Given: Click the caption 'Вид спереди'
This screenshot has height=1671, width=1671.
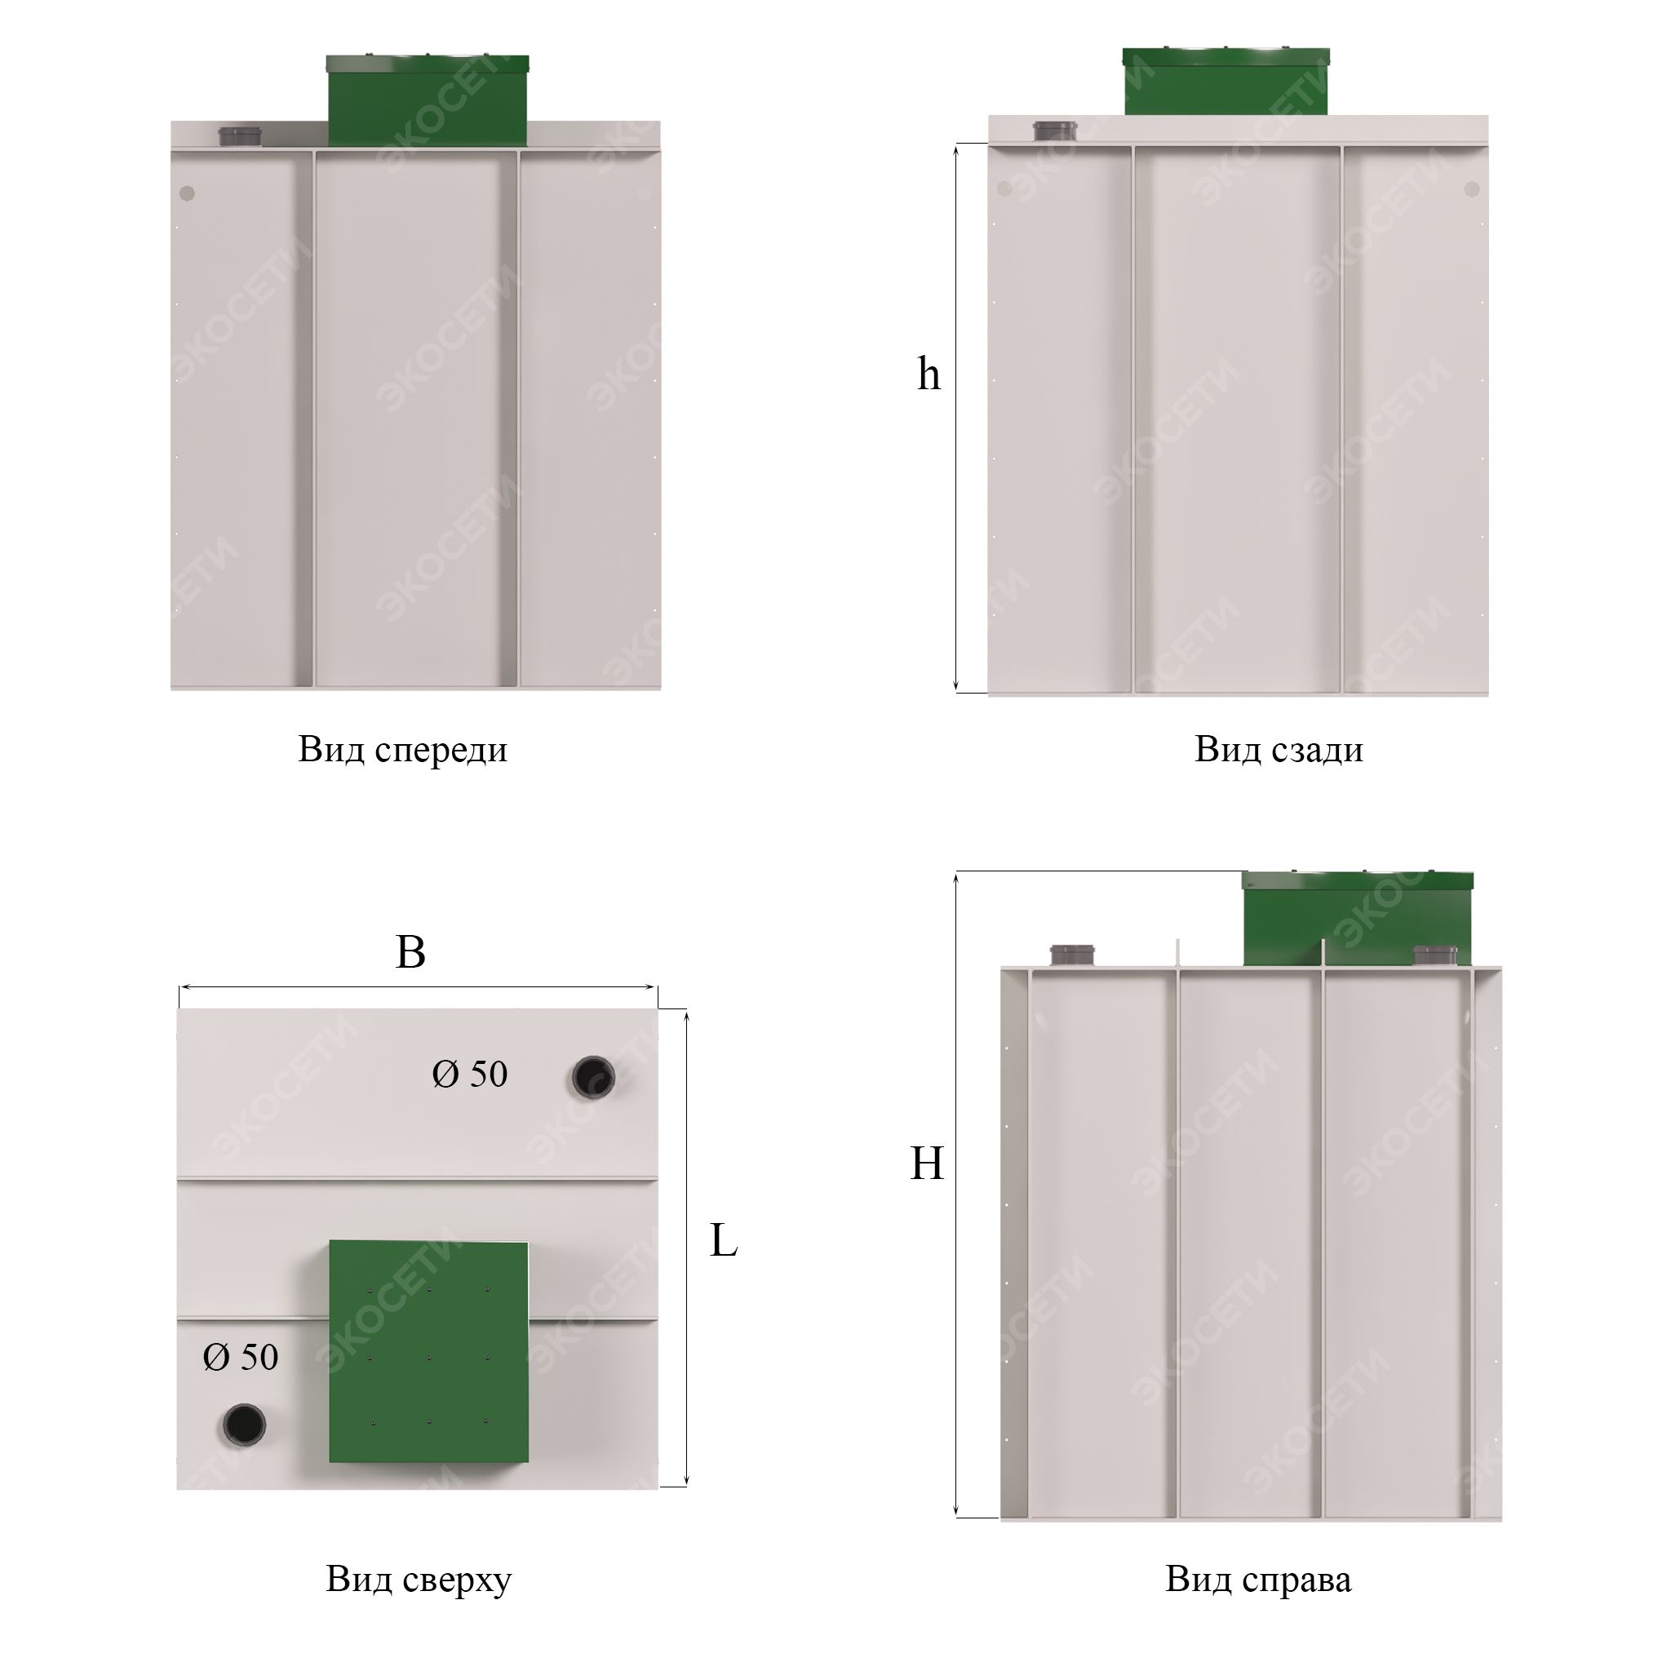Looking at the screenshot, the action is (x=403, y=750).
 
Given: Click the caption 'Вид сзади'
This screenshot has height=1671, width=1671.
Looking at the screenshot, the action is (x=1279, y=750).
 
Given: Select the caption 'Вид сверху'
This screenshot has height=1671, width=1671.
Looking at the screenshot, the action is (x=419, y=1580).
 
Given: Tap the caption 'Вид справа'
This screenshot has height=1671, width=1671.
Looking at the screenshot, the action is (x=1257, y=1580).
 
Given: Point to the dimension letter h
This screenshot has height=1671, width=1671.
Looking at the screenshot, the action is (x=928, y=374).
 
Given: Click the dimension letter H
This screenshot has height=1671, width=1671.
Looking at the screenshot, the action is (x=926, y=1163).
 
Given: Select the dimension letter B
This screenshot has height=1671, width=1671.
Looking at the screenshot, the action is (x=410, y=952).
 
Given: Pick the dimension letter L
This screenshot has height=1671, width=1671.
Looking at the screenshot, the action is (x=723, y=1241).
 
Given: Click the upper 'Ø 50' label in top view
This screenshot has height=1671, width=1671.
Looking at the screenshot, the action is (x=470, y=1075).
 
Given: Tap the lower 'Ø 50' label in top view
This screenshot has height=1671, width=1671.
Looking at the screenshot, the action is (x=241, y=1357).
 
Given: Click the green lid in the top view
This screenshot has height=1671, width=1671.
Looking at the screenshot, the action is (x=428, y=1352).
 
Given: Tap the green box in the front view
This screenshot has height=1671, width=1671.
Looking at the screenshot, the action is (x=428, y=100).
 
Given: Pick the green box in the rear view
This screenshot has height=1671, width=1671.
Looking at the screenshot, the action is (x=1226, y=82).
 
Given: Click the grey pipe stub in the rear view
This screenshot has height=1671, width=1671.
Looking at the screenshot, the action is (x=1055, y=131).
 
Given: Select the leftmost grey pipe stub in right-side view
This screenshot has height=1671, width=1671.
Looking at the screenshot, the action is (x=1072, y=955).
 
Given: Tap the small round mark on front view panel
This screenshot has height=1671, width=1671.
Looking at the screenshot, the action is (x=187, y=193).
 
